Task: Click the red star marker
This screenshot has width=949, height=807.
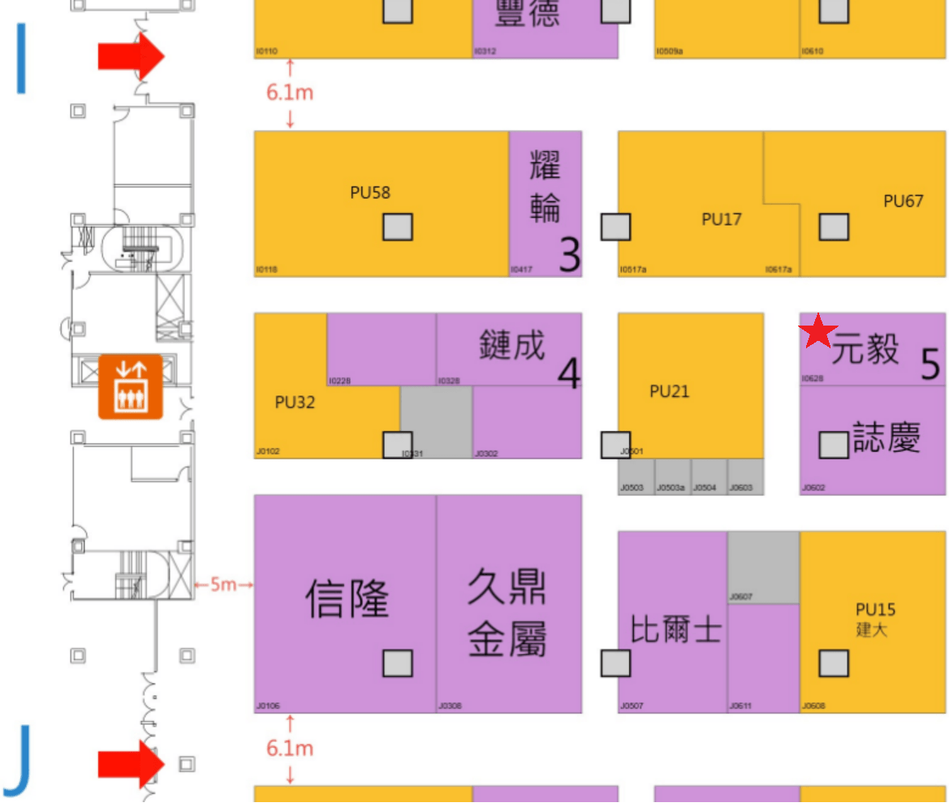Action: pyautogui.click(x=818, y=331)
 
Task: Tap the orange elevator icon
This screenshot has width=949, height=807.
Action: pyautogui.click(x=130, y=386)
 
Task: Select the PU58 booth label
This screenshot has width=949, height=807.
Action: pyautogui.click(x=370, y=192)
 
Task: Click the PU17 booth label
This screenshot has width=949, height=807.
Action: pyautogui.click(x=722, y=218)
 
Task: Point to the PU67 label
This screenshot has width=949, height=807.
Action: pyautogui.click(x=903, y=201)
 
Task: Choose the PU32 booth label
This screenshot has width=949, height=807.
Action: pyautogui.click(x=295, y=402)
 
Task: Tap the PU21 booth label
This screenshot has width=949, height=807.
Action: pyautogui.click(x=670, y=391)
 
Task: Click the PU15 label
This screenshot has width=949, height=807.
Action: pyautogui.click(x=875, y=609)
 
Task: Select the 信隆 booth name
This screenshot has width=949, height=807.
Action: pyautogui.click(x=347, y=599)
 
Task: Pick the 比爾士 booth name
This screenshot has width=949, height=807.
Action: pyautogui.click(x=676, y=630)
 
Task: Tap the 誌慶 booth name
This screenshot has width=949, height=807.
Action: pyautogui.click(x=886, y=438)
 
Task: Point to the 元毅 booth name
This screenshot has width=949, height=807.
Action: pyautogui.click(x=865, y=349)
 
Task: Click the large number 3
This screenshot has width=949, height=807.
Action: pyautogui.click(x=571, y=256)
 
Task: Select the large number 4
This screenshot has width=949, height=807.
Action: pyautogui.click(x=569, y=374)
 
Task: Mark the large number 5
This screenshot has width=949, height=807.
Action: pyautogui.click(x=930, y=365)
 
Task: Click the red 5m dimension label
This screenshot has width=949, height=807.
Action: pyautogui.click(x=223, y=585)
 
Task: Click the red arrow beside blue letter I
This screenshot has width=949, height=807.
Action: pyautogui.click(x=131, y=56)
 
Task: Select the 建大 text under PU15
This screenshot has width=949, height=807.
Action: pyautogui.click(x=871, y=629)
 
